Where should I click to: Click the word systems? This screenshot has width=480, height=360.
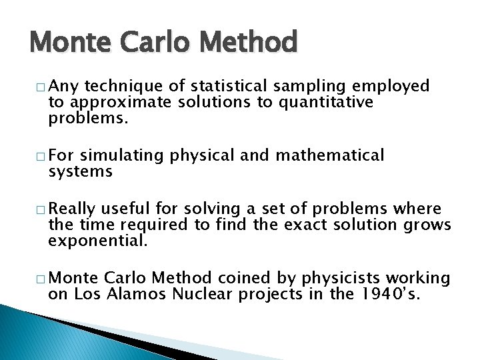(80, 172)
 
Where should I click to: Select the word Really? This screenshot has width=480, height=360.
(72, 209)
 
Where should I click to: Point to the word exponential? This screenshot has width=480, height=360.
(97, 241)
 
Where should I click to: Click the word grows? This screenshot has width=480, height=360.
(427, 225)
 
